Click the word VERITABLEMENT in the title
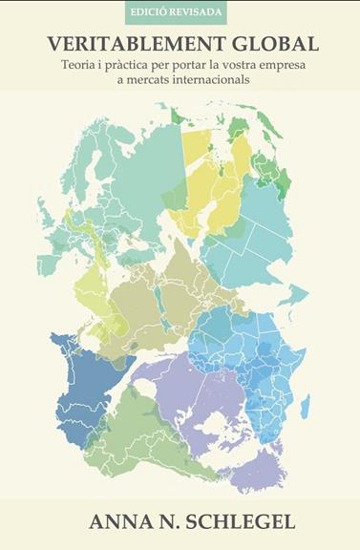[x=131, y=45]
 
